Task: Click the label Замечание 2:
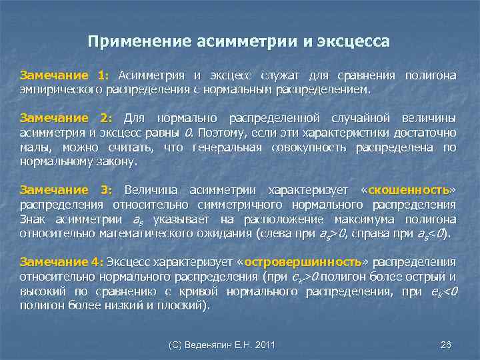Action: coord(65,118)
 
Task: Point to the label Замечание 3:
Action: coord(65,190)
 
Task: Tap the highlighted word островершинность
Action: coord(301,261)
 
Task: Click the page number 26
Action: coord(446,344)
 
